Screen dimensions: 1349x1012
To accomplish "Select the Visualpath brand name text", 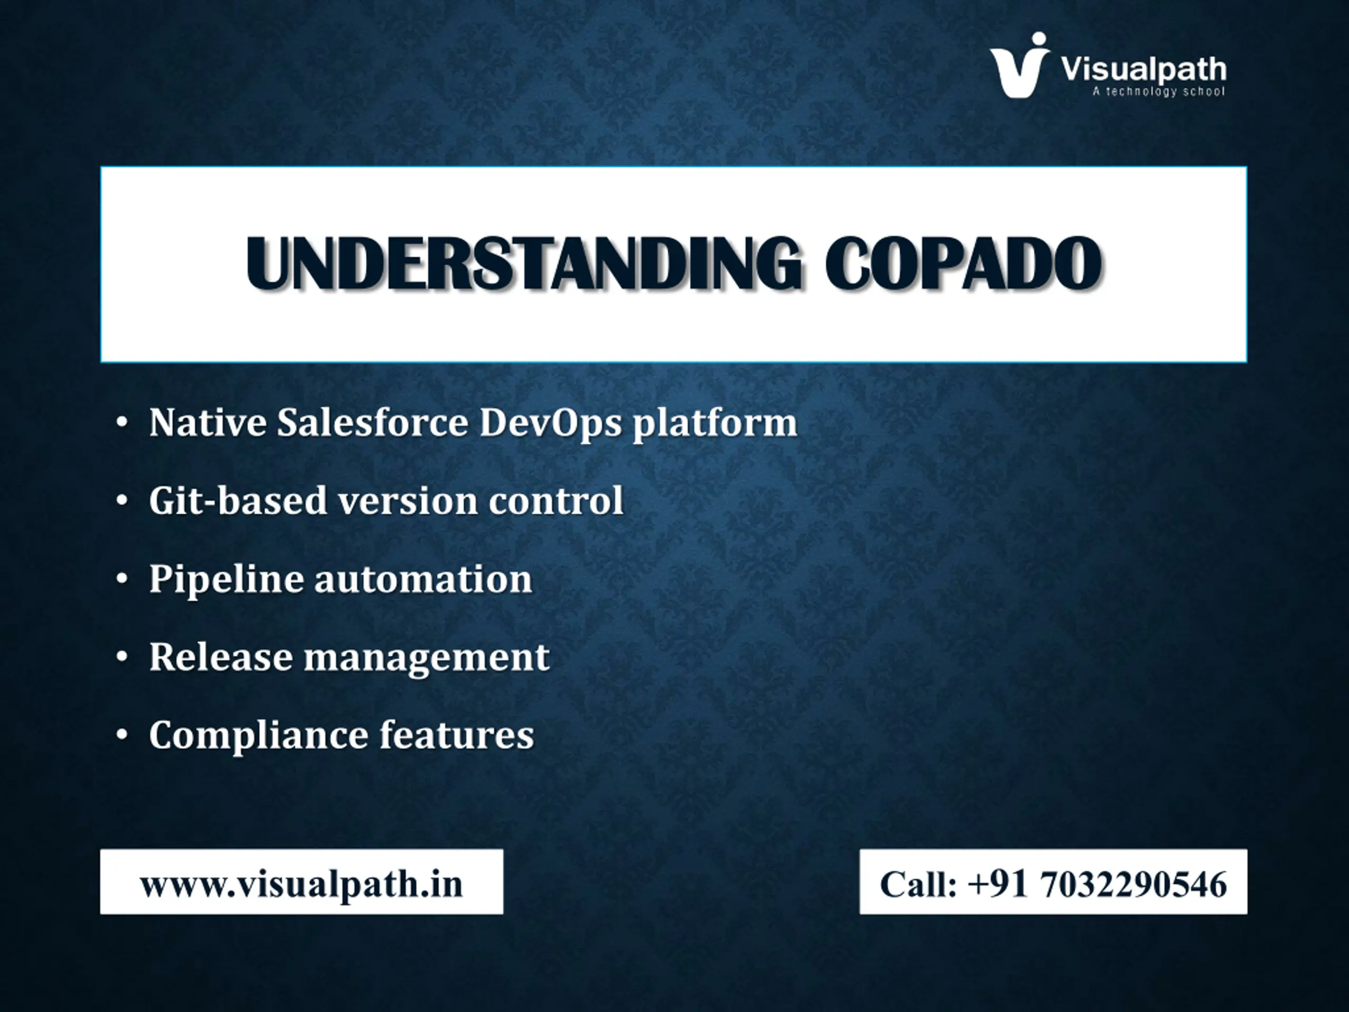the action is click(x=1143, y=70).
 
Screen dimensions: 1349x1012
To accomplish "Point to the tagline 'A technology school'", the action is click(x=1158, y=92).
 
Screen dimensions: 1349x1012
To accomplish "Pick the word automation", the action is click(x=423, y=579).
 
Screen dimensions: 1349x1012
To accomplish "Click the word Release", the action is click(x=221, y=656).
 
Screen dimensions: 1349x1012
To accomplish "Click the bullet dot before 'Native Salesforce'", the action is click(x=122, y=422).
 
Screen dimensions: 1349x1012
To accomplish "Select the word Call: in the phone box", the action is click(x=918, y=884).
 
